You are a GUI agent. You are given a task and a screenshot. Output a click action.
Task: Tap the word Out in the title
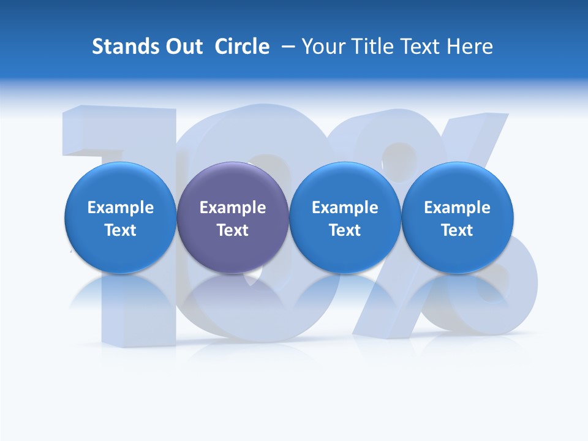click(182, 47)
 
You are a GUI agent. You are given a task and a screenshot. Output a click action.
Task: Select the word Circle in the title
click(242, 47)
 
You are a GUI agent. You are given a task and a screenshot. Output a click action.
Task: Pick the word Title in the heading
click(371, 47)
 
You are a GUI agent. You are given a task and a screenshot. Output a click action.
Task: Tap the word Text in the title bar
click(419, 47)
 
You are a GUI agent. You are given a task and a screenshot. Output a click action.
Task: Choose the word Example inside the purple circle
click(233, 208)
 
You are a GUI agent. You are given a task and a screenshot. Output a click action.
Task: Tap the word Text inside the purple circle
click(233, 230)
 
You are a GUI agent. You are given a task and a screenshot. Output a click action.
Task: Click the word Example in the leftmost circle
click(120, 208)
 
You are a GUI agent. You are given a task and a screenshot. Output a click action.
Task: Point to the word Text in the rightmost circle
click(457, 230)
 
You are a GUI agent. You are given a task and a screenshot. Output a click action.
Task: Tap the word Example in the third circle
click(345, 208)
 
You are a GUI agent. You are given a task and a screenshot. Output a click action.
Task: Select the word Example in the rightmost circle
click(457, 208)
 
